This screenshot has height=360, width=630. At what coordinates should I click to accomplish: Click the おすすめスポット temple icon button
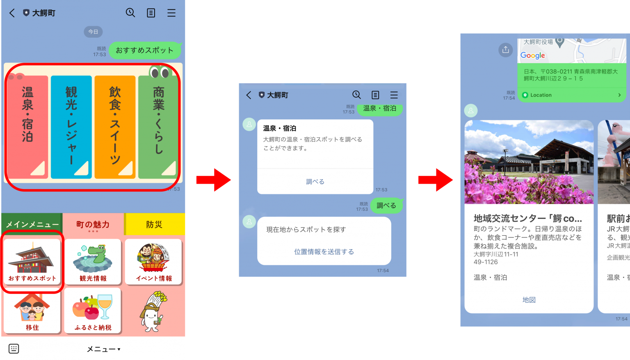(x=32, y=262)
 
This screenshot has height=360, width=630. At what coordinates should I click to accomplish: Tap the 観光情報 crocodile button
(x=93, y=262)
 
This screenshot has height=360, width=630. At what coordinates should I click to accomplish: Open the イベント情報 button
(x=154, y=262)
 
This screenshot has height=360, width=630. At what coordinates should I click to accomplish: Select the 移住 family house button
(x=32, y=311)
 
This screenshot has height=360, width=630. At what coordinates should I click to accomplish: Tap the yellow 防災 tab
(x=155, y=224)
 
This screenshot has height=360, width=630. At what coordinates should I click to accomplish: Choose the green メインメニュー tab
(x=32, y=224)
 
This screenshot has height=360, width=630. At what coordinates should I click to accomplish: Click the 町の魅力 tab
(x=93, y=224)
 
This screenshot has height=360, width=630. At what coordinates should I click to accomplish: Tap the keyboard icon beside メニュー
(x=14, y=349)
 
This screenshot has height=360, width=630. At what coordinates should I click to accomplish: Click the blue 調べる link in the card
(x=315, y=182)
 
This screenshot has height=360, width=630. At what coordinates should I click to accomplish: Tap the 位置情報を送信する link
(x=324, y=252)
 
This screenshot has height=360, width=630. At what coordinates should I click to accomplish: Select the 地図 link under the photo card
(x=529, y=300)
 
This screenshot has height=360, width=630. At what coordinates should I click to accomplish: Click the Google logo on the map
(x=532, y=55)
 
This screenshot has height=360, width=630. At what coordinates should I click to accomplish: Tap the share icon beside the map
(x=505, y=50)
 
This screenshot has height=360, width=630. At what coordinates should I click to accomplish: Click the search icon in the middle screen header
(x=356, y=95)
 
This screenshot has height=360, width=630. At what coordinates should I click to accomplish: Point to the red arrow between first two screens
(x=213, y=180)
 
